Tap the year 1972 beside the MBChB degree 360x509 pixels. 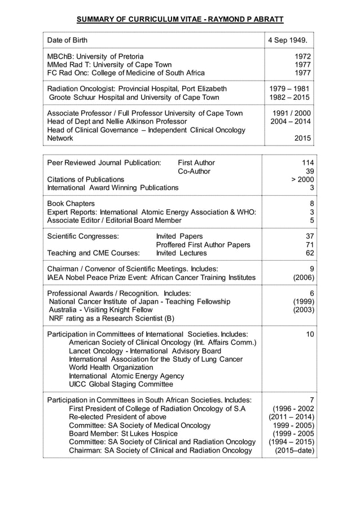302,56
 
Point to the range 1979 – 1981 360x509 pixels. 290,89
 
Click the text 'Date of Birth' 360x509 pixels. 67,40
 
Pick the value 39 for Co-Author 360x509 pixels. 309,171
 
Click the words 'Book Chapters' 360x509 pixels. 71,203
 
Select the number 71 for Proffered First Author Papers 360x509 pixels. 309,244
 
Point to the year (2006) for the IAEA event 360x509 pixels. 303,277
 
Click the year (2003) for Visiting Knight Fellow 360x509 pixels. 303,310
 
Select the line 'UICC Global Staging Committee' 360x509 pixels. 121,384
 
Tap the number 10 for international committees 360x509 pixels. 309,335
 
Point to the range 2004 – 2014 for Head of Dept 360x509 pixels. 290,121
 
